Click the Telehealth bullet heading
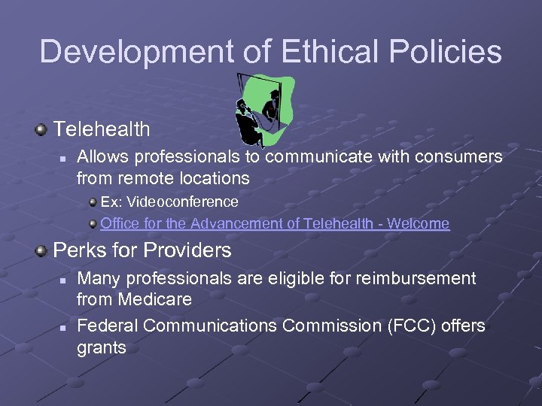pyautogui.click(x=102, y=129)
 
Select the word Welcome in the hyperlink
pyautogui.click(x=419, y=223)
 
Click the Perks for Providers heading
pyautogui.click(x=142, y=250)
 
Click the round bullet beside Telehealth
pyautogui.click(x=41, y=130)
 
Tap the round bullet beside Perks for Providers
pyautogui.click(x=41, y=250)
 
